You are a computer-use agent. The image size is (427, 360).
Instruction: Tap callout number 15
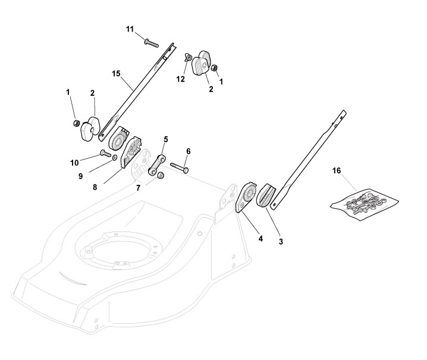tap(116, 73)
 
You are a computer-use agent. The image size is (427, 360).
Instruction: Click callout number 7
tap(137, 188)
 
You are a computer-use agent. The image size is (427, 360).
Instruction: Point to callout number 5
tap(165, 139)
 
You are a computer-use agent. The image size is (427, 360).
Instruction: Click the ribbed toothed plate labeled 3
tap(266, 195)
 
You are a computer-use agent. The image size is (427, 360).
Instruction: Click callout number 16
tap(337, 171)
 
